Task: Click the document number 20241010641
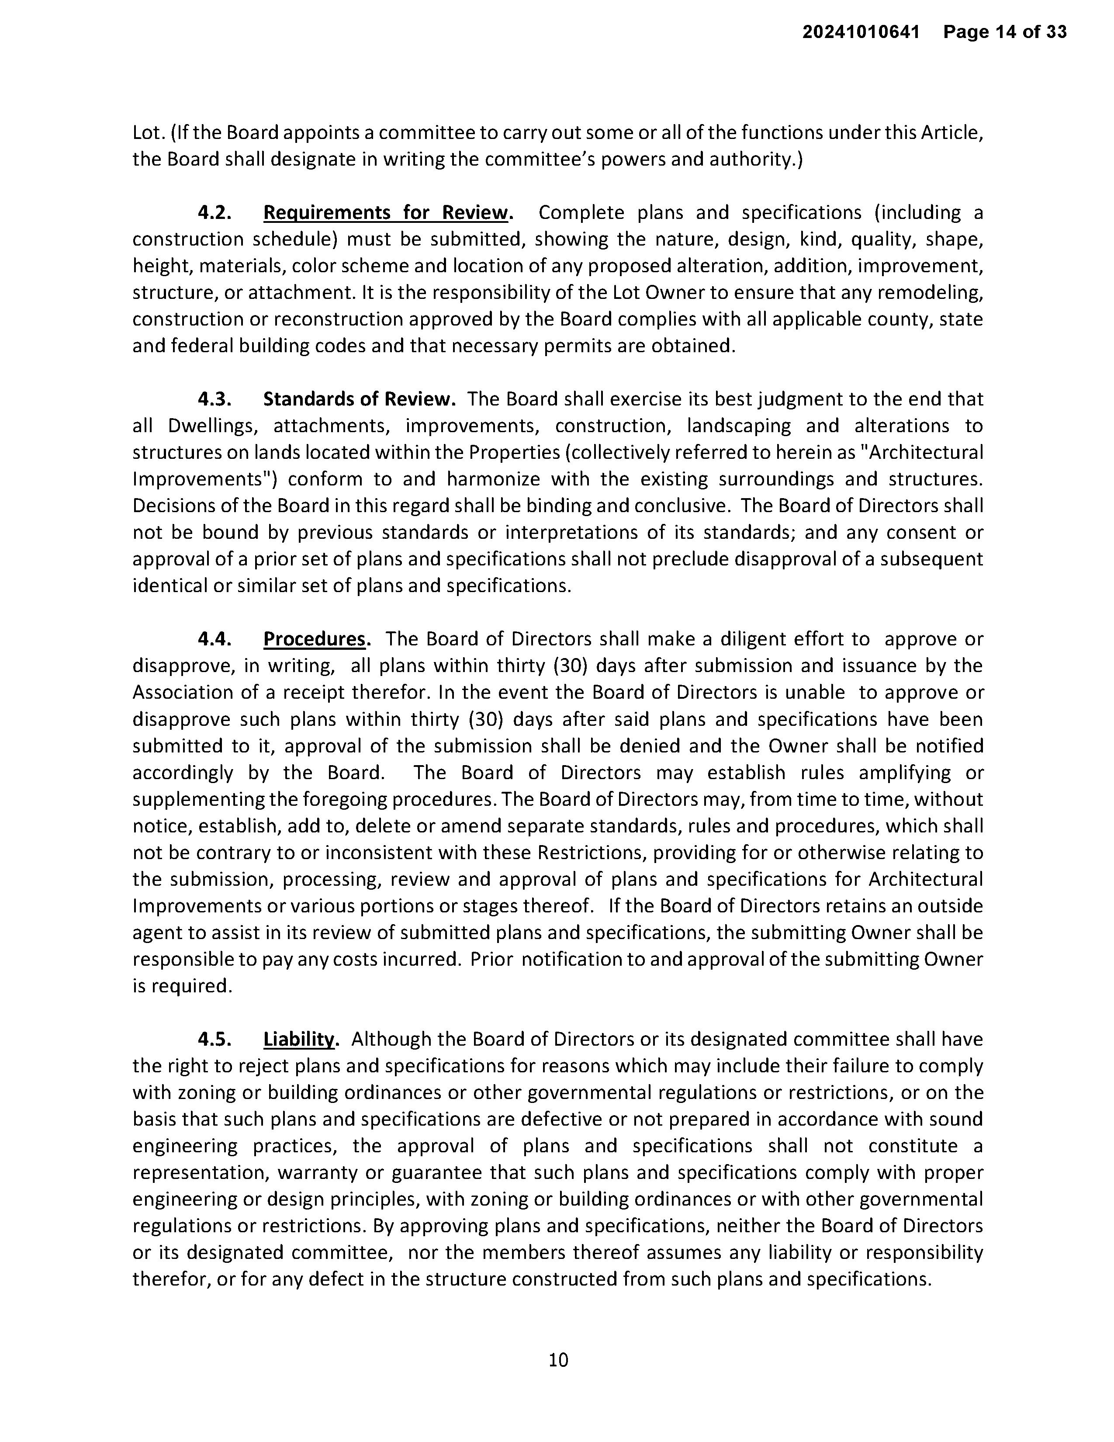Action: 861,32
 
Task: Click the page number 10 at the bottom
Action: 558,1359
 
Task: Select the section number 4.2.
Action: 214,213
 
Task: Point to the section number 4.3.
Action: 214,399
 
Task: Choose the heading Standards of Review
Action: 359,399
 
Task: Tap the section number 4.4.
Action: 214,639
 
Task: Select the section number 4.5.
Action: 214,1039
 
